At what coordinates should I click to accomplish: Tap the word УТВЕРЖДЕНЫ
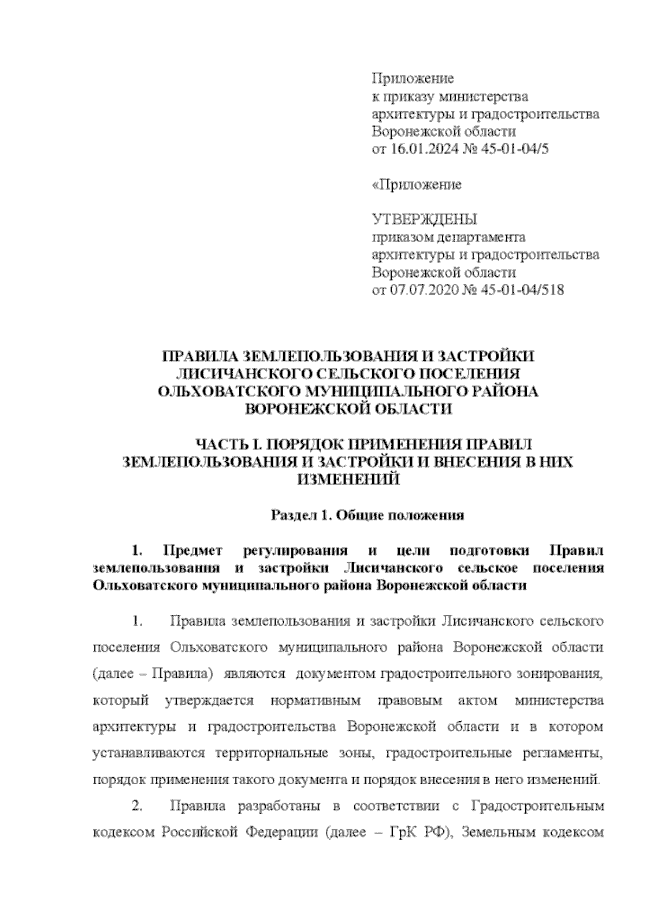[x=424, y=219]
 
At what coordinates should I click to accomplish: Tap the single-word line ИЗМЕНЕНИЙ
[x=348, y=479]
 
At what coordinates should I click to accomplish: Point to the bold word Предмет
[x=193, y=551]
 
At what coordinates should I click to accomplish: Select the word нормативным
[x=315, y=701]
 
